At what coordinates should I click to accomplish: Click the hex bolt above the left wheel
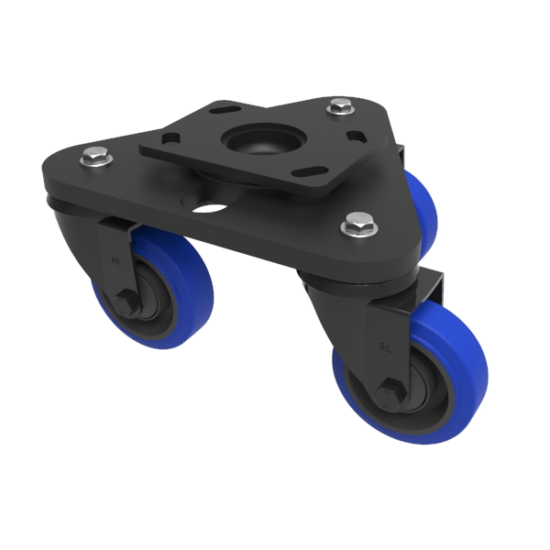pos(95,158)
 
